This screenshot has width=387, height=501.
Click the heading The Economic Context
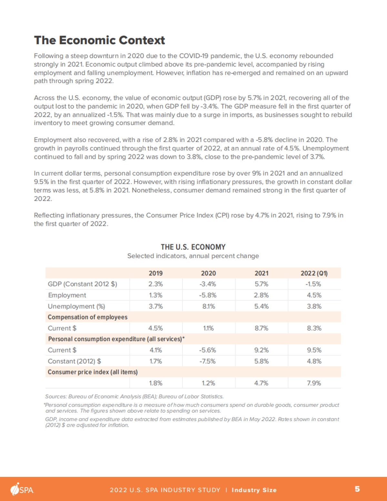click(99, 40)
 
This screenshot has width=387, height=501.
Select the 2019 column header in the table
click(155, 273)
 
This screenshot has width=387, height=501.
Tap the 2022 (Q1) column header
click(314, 273)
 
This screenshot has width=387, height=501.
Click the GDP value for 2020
click(208, 284)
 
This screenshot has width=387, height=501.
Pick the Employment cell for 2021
click(261, 295)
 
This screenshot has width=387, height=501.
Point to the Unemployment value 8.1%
click(208, 306)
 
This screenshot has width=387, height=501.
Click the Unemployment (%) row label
click(76, 306)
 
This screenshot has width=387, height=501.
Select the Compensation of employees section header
click(88, 317)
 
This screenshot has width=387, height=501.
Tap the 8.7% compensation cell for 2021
click(261, 328)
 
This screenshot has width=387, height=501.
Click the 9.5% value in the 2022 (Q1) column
click(314, 350)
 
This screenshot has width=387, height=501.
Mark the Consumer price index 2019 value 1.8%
click(155, 383)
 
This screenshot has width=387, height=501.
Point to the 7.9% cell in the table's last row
click(314, 383)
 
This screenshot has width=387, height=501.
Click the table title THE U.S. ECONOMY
click(193, 247)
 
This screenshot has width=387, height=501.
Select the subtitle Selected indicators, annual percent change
click(193, 256)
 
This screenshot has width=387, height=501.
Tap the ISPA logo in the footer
click(22, 489)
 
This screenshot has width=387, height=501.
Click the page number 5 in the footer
click(357, 489)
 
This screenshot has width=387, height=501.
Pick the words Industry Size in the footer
click(254, 490)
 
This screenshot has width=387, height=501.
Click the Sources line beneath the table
click(134, 396)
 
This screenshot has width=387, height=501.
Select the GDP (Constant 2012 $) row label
click(82, 284)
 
